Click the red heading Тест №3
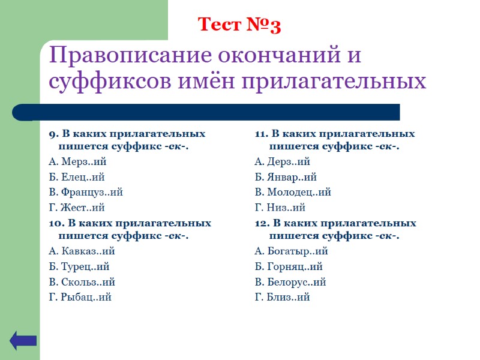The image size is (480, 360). pyautogui.click(x=239, y=25)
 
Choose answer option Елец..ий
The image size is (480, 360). pyautogui.click(x=76, y=177)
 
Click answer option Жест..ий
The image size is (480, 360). pyautogui.click(x=76, y=208)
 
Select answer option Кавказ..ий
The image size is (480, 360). pyautogui.click(x=81, y=251)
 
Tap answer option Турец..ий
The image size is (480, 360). pyautogui.click(x=79, y=267)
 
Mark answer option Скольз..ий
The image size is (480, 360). pyautogui.click(x=82, y=282)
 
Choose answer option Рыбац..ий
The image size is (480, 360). pyautogui.click(x=80, y=297)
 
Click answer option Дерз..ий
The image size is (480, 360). pyautogui.click(x=282, y=161)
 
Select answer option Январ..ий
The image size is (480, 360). pyautogui.click(x=286, y=177)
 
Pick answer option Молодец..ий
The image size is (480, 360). pyautogui.click(x=293, y=193)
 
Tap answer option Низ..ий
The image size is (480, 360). pyautogui.click(x=280, y=208)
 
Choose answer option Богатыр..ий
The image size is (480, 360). pyautogui.click(x=291, y=251)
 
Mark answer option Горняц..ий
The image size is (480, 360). pyautogui.click(x=289, y=267)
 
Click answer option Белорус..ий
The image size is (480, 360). pyautogui.click(x=290, y=282)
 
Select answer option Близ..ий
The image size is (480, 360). pyautogui.click(x=282, y=297)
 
